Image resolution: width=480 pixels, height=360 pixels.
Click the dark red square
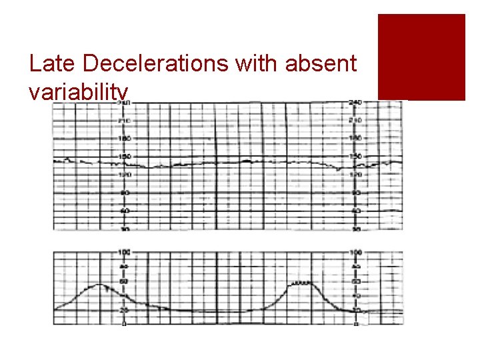(x=421, y=57)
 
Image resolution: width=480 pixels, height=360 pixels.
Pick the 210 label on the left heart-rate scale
(x=124, y=121)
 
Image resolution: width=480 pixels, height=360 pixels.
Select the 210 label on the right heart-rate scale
(x=355, y=121)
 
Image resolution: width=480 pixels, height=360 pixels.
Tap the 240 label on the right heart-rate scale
(x=355, y=103)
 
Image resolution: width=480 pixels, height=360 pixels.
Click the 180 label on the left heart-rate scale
(x=124, y=139)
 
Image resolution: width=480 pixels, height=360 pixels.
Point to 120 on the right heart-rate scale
(x=355, y=175)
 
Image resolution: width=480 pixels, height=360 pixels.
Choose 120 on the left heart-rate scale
(x=124, y=175)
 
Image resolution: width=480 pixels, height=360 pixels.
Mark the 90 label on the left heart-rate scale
(x=124, y=193)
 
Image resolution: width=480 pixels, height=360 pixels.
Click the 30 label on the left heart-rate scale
(x=124, y=229)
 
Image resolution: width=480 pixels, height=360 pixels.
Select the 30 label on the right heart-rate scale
(x=355, y=229)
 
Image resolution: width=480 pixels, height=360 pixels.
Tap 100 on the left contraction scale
(x=124, y=252)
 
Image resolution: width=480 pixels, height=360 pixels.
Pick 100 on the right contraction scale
(x=355, y=252)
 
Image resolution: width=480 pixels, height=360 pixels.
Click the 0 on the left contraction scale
(x=124, y=324)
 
